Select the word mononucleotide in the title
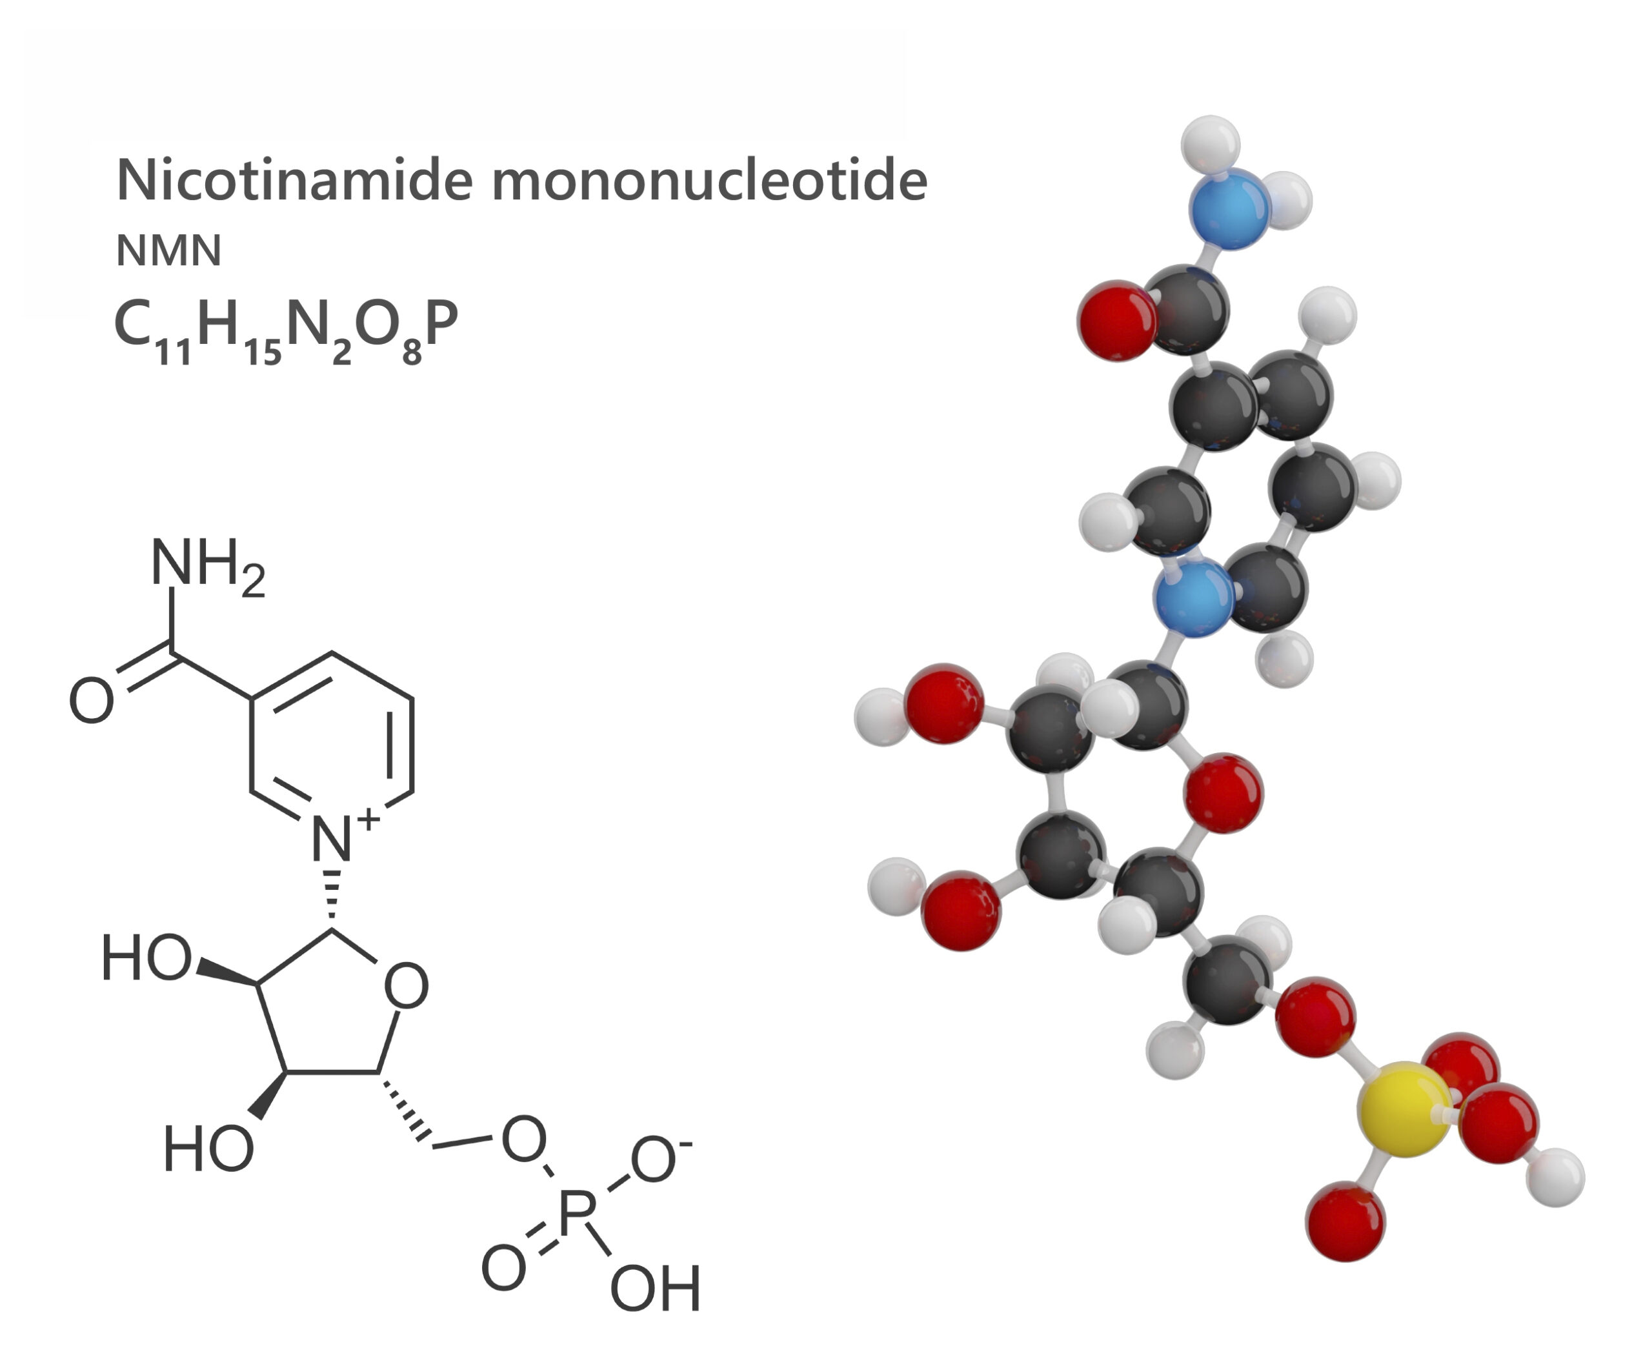710,181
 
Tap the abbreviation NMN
168,251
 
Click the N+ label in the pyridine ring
340,836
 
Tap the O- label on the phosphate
658,1160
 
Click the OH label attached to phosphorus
655,1289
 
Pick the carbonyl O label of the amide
91,700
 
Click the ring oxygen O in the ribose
406,986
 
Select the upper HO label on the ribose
146,958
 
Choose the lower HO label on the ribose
208,1149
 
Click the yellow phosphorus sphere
1405,1109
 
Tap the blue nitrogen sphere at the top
1229,208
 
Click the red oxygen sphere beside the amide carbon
1117,320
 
